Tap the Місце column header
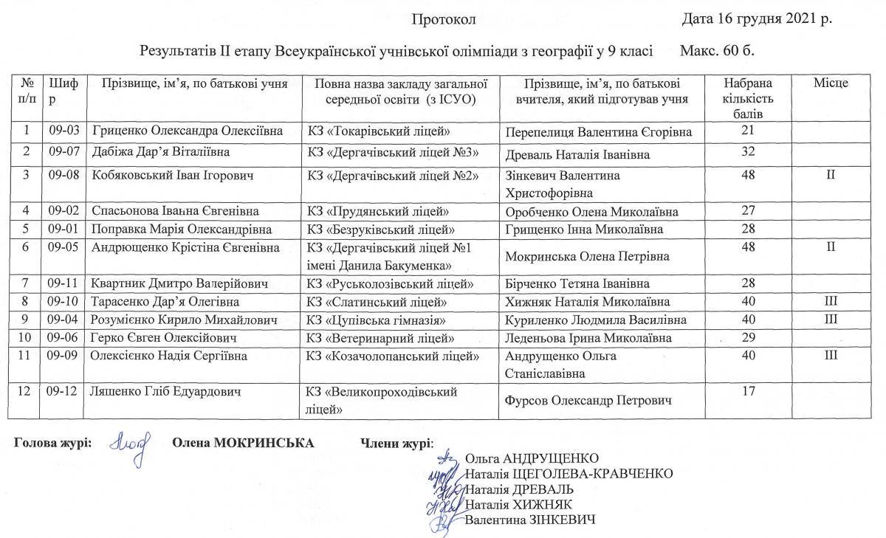(831, 83)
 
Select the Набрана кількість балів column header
(748, 97)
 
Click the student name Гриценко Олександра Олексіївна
(188, 131)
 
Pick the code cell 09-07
(64, 153)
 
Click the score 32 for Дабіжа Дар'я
(748, 153)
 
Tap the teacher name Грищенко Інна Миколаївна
(584, 230)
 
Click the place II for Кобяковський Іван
(831, 176)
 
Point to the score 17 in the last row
(748, 391)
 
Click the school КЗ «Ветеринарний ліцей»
(380, 338)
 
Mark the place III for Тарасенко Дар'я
(831, 302)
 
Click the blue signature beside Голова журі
(130, 444)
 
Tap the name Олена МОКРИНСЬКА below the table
(243, 443)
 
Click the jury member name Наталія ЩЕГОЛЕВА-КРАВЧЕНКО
(569, 473)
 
